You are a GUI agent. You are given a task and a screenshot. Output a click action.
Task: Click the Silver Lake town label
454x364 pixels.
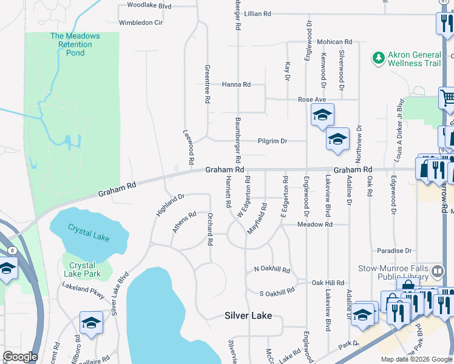tap(248, 315)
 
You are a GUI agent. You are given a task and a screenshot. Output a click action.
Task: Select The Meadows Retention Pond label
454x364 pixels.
tap(75, 44)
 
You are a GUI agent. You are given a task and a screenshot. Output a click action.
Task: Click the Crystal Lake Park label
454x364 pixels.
tap(82, 269)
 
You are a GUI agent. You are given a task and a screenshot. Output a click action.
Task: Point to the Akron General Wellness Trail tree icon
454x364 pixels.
tap(379, 58)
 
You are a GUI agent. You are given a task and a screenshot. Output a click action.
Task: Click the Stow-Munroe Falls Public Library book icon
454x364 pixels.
tap(438, 270)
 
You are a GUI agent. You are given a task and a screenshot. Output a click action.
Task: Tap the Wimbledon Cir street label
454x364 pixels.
tap(141, 22)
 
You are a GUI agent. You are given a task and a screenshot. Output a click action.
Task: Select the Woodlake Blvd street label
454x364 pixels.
tap(149, 5)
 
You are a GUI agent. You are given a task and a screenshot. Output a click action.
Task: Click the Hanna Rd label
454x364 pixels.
tap(236, 84)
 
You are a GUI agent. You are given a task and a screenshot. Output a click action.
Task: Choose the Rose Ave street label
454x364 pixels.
tap(312, 99)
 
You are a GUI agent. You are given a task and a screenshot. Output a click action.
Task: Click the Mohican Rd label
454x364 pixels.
tap(334, 42)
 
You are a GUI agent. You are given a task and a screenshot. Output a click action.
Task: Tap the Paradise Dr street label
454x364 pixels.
tap(394, 251)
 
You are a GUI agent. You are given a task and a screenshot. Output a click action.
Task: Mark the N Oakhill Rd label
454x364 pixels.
tap(272, 269)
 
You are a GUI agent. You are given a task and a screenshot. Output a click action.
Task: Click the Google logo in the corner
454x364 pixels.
tap(19, 357)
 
